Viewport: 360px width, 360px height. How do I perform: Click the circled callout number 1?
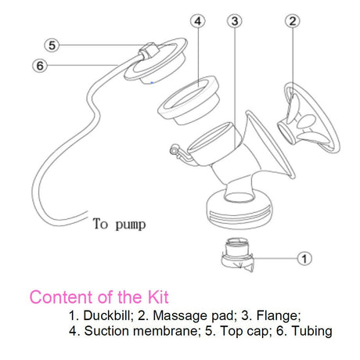pos(305,257)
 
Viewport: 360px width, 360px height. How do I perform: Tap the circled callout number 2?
pos(292,21)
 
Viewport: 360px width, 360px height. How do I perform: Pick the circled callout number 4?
pos(198,21)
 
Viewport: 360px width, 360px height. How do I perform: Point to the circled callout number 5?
pos(52,45)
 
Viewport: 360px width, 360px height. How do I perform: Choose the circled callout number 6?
pos(39,65)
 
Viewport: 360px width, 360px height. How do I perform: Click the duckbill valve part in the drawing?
pos(235,254)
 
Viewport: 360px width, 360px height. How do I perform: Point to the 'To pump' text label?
pos(119,225)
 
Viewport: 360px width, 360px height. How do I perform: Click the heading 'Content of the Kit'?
pos(99,297)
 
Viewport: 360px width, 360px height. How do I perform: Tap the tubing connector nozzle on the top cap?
pos(144,56)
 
